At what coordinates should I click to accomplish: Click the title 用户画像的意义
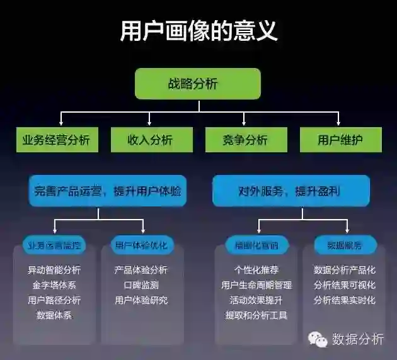point(198,30)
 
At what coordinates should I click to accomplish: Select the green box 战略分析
point(198,84)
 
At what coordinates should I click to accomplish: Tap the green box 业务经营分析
point(56,140)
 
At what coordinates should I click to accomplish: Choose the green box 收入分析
point(150,140)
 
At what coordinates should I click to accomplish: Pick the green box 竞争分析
point(245,140)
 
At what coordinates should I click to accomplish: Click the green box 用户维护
point(340,140)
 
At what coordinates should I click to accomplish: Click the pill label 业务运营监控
point(54,245)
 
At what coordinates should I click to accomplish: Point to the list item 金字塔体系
point(54,285)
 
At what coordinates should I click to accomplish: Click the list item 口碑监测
point(141,285)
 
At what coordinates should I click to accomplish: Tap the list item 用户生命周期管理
point(256,285)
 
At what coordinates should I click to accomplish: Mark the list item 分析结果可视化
point(345,285)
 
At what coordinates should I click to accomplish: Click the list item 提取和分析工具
point(256,315)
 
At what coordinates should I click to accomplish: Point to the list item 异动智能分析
point(54,270)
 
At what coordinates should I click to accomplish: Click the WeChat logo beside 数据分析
point(318,339)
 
